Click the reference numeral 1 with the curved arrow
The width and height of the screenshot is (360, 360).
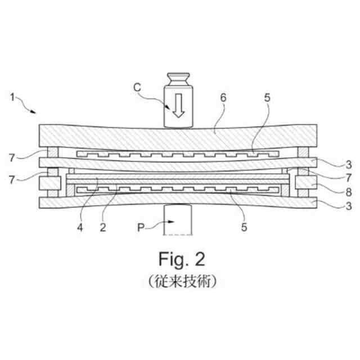pyautogui.click(x=12, y=97)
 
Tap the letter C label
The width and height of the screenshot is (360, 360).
pyautogui.click(x=137, y=87)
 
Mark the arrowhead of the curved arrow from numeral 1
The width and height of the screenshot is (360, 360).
pyautogui.click(x=35, y=111)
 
